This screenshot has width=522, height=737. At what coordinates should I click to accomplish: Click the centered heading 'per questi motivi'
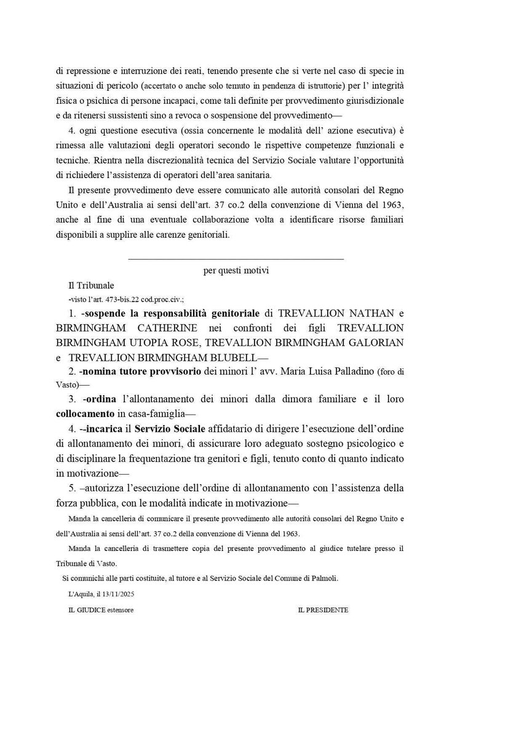(x=235, y=270)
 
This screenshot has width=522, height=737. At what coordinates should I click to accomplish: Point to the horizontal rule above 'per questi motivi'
(x=235, y=259)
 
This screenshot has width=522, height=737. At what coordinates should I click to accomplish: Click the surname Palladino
(x=343, y=372)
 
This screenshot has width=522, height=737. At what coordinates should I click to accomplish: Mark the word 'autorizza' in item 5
(x=103, y=488)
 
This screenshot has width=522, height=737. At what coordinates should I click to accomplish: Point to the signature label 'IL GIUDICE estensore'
(x=101, y=610)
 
